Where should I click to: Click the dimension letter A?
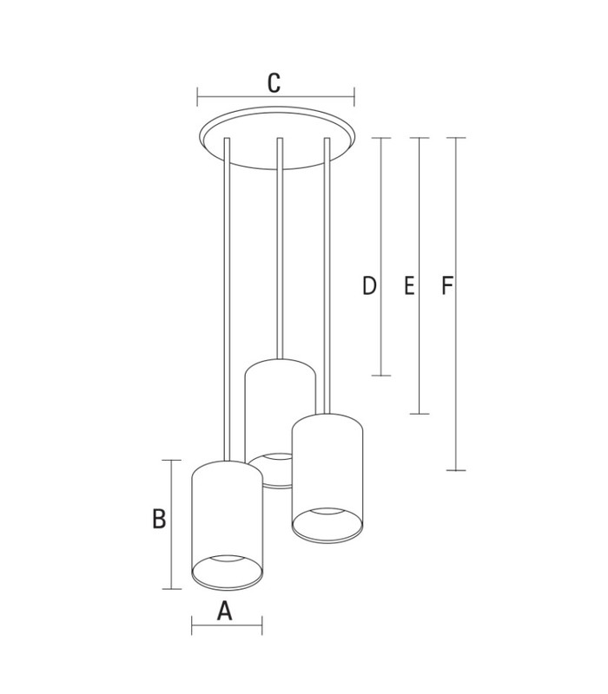225,612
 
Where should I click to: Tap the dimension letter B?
159,519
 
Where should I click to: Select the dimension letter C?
274,82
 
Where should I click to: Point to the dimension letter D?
370,285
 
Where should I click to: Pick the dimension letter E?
409,285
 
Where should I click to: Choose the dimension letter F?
446,285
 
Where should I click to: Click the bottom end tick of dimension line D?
381,376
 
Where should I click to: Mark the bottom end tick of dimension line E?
420,414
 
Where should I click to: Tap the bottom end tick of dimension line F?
456,470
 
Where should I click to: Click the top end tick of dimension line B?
171,461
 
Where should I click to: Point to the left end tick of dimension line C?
198,97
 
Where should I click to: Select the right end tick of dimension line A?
262,625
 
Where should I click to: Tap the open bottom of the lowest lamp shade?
227,573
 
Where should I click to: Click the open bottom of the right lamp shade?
327,525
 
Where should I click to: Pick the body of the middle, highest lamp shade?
280,407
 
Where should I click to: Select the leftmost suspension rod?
227,299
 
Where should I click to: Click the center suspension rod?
280,248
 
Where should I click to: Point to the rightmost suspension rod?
327,276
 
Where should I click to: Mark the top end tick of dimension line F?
456,138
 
